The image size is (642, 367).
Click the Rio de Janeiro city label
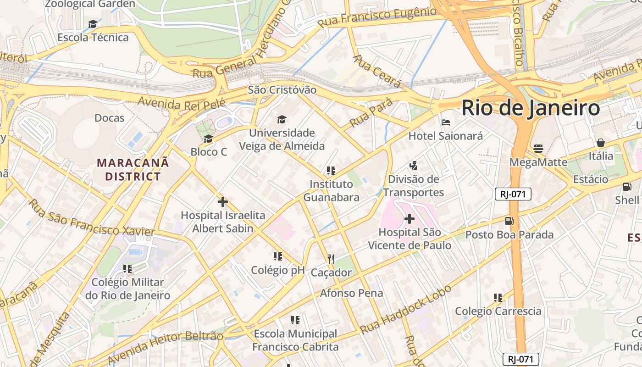point(531,108)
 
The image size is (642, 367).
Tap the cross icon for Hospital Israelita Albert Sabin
point(223,202)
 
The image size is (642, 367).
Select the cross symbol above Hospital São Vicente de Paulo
point(410,219)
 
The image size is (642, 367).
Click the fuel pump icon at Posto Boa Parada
point(509,221)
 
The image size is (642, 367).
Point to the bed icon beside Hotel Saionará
point(446,122)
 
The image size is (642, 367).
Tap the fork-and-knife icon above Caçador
point(331,259)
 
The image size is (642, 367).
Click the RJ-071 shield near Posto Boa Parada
point(513,194)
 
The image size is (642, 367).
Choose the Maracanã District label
point(133,169)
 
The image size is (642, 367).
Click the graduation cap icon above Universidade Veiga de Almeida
point(282,120)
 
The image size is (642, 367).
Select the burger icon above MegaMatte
point(538,149)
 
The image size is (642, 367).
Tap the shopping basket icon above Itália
point(601,143)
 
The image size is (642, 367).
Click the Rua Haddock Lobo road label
point(406,310)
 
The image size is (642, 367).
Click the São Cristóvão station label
point(282,90)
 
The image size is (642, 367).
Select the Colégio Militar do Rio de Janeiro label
point(127,289)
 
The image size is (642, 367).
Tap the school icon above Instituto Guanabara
point(331,171)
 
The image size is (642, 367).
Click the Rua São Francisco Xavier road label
point(92,219)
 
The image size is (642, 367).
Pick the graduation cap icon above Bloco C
point(209,139)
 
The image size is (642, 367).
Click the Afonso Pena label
point(351,293)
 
